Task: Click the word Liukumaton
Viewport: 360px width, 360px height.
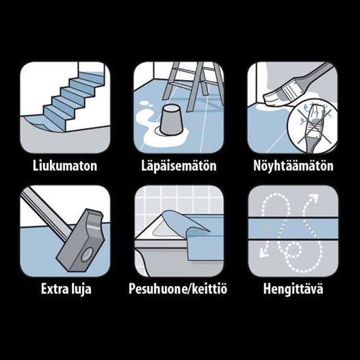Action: [65, 166]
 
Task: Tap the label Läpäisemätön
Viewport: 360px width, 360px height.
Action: [179, 166]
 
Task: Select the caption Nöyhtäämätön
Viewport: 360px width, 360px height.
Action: [293, 166]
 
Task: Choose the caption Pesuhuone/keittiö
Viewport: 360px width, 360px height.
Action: [178, 288]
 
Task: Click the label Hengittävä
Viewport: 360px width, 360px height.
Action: [293, 289]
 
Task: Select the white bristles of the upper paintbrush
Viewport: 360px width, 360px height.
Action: [273, 97]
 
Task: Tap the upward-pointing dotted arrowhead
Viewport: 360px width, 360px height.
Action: [313, 197]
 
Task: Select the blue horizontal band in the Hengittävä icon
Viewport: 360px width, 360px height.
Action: [293, 228]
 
